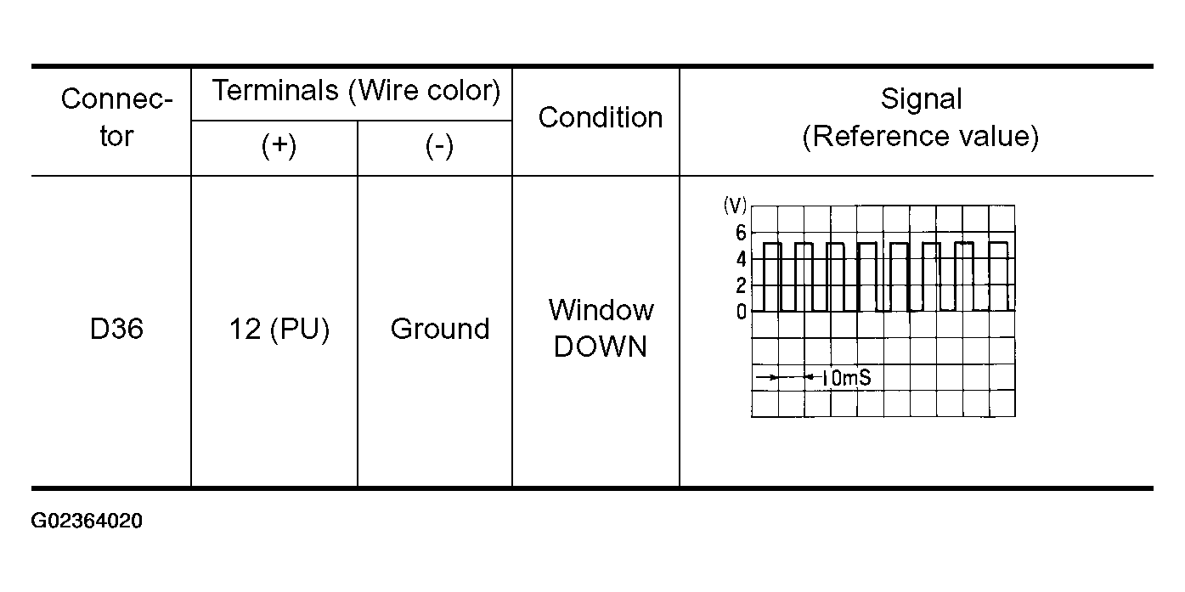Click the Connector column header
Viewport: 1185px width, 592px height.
(x=116, y=117)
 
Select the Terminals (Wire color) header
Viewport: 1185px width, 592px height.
(x=356, y=90)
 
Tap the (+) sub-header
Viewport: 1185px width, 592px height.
(x=279, y=147)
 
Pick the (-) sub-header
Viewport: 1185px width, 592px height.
(x=438, y=147)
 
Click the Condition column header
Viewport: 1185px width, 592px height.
(x=601, y=117)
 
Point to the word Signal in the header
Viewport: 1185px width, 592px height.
(x=921, y=99)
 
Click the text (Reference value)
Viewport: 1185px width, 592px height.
(x=921, y=137)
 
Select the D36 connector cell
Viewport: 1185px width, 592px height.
(x=116, y=330)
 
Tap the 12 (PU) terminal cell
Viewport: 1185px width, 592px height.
(x=279, y=330)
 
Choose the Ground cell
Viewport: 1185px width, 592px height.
(x=439, y=330)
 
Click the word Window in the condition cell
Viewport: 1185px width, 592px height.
(x=601, y=310)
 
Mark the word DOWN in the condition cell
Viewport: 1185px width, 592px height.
(x=601, y=347)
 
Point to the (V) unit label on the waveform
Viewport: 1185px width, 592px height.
(x=734, y=205)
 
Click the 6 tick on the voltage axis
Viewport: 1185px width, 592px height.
(x=741, y=232)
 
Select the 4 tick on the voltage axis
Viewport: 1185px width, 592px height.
(x=741, y=258)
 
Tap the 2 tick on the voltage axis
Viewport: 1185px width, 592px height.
(x=741, y=285)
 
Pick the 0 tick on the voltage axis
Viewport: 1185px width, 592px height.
(x=741, y=312)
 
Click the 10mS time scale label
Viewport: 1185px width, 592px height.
(x=846, y=377)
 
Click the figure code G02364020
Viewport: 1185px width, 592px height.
(x=87, y=521)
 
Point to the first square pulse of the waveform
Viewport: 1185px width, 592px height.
(x=771, y=276)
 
